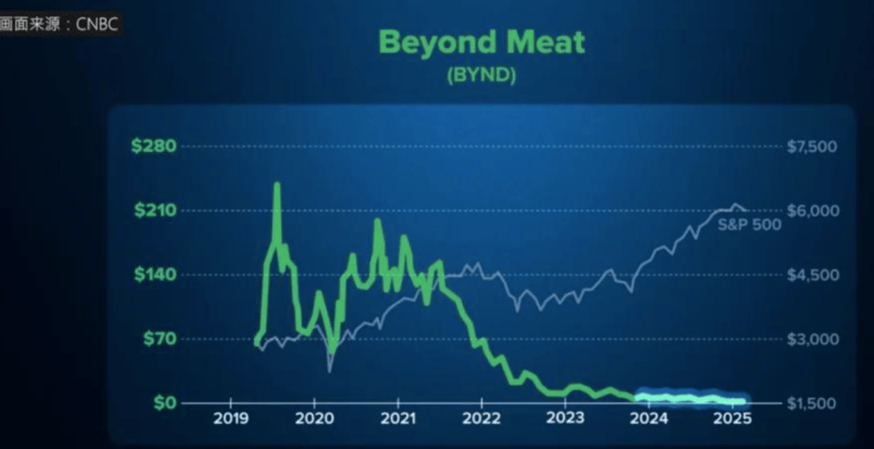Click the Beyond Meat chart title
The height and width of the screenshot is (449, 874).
(x=482, y=42)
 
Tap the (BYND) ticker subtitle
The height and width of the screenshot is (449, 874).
(x=482, y=75)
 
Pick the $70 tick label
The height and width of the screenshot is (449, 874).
(x=159, y=338)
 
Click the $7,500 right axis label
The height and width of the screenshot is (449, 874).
(x=812, y=146)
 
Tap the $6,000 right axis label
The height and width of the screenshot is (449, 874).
(x=812, y=210)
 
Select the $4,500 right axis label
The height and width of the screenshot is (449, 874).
(x=812, y=274)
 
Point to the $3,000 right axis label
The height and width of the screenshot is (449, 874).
(x=812, y=338)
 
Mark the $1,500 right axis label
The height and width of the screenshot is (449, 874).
(x=812, y=402)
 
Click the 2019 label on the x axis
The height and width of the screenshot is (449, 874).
(x=231, y=419)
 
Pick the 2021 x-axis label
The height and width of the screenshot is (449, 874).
(x=397, y=419)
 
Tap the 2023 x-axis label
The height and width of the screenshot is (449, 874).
(x=565, y=419)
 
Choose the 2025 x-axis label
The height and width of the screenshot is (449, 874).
(x=732, y=419)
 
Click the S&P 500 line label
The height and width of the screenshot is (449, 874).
(x=749, y=225)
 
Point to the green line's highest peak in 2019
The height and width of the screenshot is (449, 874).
(x=277, y=185)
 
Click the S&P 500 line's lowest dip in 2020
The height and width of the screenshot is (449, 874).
(x=329, y=371)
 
